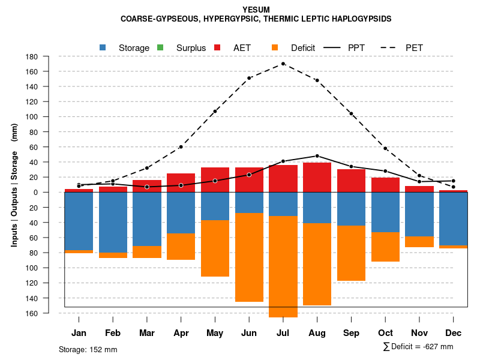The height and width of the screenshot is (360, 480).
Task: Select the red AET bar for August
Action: pos(317,177)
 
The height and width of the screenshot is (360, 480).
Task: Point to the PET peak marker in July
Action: pos(283,64)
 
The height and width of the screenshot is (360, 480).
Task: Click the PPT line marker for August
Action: pos(317,156)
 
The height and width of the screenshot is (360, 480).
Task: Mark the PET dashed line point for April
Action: pos(181,147)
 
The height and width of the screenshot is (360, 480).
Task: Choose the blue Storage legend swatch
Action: pos(103,47)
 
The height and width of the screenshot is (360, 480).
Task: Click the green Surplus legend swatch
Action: pos(160,47)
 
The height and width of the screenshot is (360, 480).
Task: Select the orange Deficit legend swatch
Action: pos(275,47)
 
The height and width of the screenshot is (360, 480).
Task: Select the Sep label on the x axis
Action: pos(351,333)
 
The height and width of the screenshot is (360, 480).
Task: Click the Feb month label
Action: pos(113,333)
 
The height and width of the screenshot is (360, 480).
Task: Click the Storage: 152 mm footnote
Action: pos(88,349)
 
